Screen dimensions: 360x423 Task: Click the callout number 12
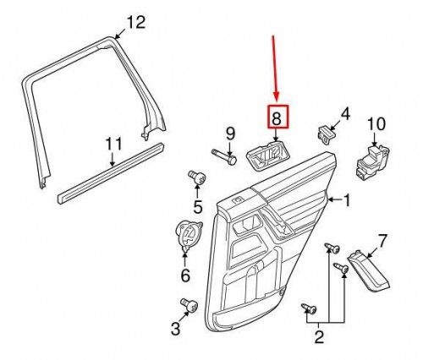(136, 21)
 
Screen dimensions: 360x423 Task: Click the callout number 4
(345, 113)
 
